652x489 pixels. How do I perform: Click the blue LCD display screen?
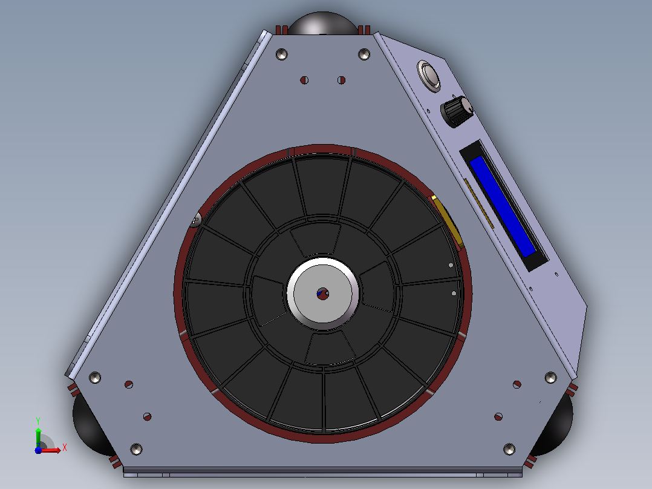click(x=502, y=206)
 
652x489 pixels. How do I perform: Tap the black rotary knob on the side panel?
click(x=457, y=111)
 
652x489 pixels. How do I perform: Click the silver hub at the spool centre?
click(x=323, y=293)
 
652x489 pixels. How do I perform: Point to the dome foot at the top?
click(x=323, y=24)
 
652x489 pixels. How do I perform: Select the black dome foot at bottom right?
click(x=554, y=425)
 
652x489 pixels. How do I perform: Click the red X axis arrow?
click(x=50, y=450)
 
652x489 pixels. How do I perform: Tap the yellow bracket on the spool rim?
click(x=447, y=222)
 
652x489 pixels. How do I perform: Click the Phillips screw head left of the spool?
click(x=196, y=219)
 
